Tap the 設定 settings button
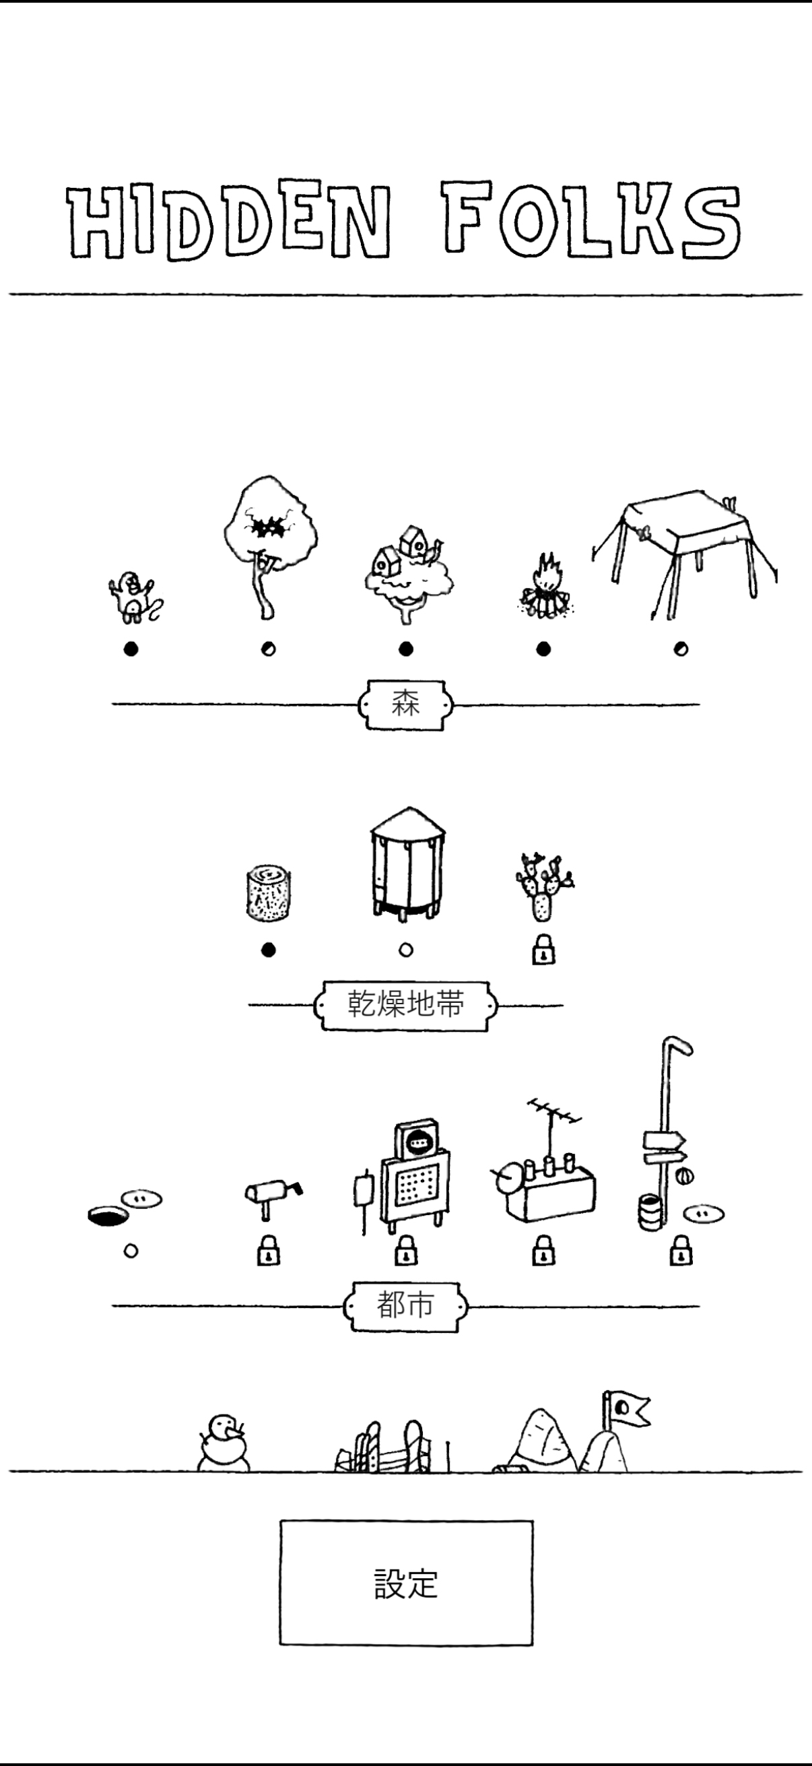pos(405,1583)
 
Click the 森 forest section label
pos(405,704)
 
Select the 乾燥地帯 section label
pos(405,1005)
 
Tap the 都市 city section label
pos(405,1305)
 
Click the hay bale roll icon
pos(269,892)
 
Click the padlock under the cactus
pos(543,950)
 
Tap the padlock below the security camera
pos(269,1251)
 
